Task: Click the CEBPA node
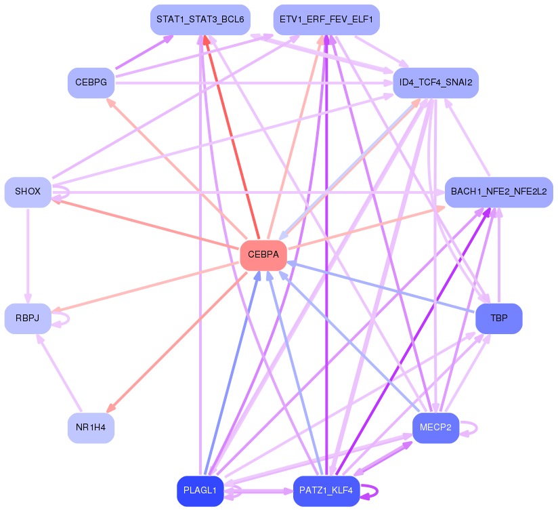click(263, 255)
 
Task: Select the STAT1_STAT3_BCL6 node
click(200, 20)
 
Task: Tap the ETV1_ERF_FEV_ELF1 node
click(326, 20)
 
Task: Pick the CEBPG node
click(91, 83)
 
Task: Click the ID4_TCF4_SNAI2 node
click(435, 83)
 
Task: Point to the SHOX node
click(28, 192)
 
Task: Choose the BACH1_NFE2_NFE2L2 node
click(499, 192)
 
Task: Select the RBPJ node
click(28, 319)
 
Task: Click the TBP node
click(499, 319)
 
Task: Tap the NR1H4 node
click(91, 428)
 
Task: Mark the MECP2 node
click(435, 428)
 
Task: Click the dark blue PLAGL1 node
click(200, 491)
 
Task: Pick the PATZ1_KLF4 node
click(326, 491)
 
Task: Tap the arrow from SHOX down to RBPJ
click(28, 255)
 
